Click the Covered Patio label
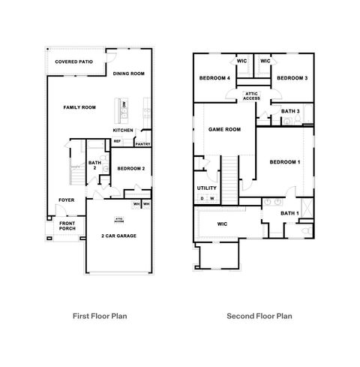tap(73, 62)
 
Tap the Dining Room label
tap(128, 74)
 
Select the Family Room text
tap(79, 107)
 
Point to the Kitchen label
tap(123, 130)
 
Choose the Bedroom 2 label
tap(131, 169)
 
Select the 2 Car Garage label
tap(118, 236)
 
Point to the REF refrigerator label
tap(117, 140)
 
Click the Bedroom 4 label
tap(214, 78)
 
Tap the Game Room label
tap(224, 130)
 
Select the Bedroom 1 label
tap(284, 162)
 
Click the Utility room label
tap(206, 188)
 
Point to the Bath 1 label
tap(289, 214)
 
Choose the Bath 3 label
tap(290, 112)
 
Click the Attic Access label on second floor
tap(252, 95)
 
